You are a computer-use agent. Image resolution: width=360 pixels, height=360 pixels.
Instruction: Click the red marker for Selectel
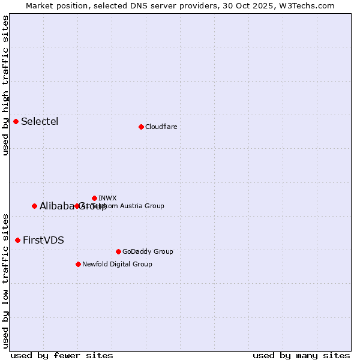(16, 121)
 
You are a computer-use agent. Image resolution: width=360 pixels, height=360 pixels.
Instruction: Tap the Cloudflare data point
(141, 127)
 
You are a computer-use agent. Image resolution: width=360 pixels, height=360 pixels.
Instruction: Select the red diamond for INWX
(95, 198)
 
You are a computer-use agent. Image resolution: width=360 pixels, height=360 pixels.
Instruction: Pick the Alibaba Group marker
(35, 206)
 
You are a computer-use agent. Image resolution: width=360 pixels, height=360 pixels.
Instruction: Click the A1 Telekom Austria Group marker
(77, 206)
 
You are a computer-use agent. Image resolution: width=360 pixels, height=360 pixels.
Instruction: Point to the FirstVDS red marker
(18, 240)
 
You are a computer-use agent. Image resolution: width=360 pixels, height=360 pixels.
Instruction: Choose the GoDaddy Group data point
(118, 251)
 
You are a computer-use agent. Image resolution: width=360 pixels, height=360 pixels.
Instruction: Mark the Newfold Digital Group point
(79, 264)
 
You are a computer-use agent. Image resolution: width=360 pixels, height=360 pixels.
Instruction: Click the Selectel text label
(40, 122)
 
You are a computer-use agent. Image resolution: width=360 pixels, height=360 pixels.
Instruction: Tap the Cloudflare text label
(161, 127)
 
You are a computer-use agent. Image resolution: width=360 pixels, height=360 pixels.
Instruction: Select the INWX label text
(107, 198)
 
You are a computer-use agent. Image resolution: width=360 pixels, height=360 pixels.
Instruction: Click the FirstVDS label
(43, 241)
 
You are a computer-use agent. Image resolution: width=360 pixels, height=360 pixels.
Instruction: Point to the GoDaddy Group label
(147, 251)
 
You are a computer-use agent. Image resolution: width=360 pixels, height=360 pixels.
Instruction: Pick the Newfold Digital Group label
(117, 264)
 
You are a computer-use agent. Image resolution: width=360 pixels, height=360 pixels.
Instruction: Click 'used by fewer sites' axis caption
(62, 355)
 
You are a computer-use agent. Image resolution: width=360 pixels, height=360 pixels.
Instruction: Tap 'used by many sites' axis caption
(301, 355)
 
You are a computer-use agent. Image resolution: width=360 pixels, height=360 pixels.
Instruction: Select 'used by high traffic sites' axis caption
(5, 85)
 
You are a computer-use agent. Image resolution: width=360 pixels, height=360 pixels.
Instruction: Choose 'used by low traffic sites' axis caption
(5, 280)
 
